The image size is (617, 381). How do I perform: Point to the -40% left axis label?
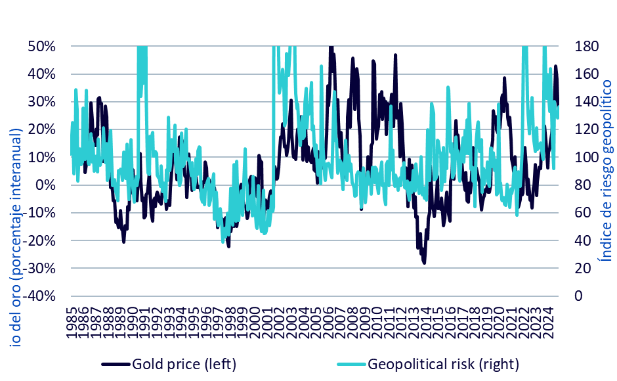[x=40, y=296]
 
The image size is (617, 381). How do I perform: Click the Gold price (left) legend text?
[x=184, y=363]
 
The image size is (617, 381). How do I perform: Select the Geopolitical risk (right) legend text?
[x=444, y=363]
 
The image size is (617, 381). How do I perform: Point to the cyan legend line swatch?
[x=351, y=363]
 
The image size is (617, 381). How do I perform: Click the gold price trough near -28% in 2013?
[x=424, y=262]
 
